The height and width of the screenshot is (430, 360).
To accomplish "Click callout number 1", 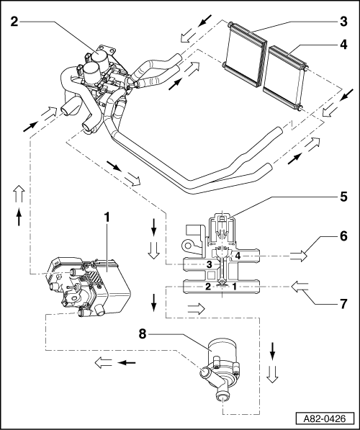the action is pos(107,218).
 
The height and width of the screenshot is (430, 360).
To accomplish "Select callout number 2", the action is pos(14,22).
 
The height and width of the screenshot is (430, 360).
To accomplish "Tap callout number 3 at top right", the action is pos(344,22).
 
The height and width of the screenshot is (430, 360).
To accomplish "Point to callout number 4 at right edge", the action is pos(344,45).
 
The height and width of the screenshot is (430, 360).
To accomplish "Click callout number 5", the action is pos(344,197).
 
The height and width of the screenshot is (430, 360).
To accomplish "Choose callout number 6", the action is pos(344,236).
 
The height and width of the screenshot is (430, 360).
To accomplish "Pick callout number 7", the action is pos(344,304).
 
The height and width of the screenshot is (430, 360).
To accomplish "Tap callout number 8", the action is pos(143,334).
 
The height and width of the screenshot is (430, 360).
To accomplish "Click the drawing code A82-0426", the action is pos(325,418).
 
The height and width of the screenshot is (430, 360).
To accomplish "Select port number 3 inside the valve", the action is pos(210,264).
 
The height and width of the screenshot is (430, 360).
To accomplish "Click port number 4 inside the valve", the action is pos(238,256).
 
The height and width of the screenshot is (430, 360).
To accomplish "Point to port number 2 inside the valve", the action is pos(208,287).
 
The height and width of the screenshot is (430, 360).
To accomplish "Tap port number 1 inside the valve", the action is pos(235,287).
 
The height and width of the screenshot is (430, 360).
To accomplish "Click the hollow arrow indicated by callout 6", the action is pos(298,256).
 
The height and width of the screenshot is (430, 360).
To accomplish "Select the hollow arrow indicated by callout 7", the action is pos(300,287).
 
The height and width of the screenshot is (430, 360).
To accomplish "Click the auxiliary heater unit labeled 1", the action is pos(88,287).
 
